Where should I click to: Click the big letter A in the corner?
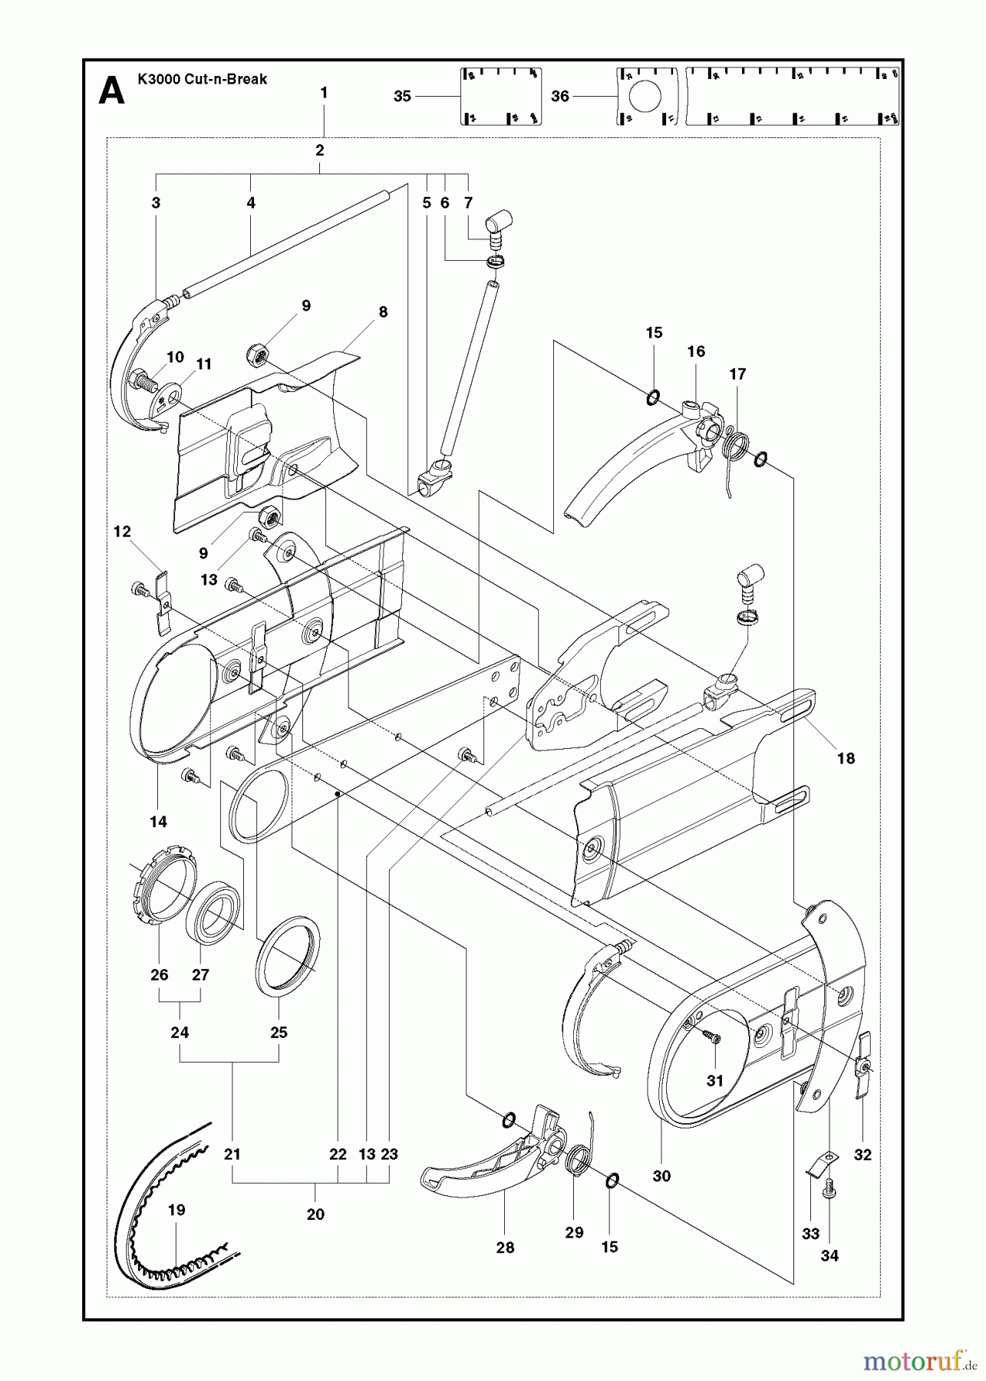pyautogui.click(x=112, y=92)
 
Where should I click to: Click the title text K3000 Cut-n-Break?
pyautogui.click(x=202, y=78)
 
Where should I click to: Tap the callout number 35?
pyautogui.click(x=402, y=96)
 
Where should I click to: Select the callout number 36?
pyautogui.click(x=560, y=96)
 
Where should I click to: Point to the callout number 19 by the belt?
pyautogui.click(x=176, y=1210)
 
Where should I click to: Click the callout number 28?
pyautogui.click(x=505, y=1247)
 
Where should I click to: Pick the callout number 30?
pyautogui.click(x=661, y=1175)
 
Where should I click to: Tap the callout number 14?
pyautogui.click(x=158, y=822)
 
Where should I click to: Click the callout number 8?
pyautogui.click(x=383, y=311)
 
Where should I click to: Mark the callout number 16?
pyautogui.click(x=696, y=351)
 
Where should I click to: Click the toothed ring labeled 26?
pyautogui.click(x=160, y=896)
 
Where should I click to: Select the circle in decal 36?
pyautogui.click(x=645, y=96)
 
